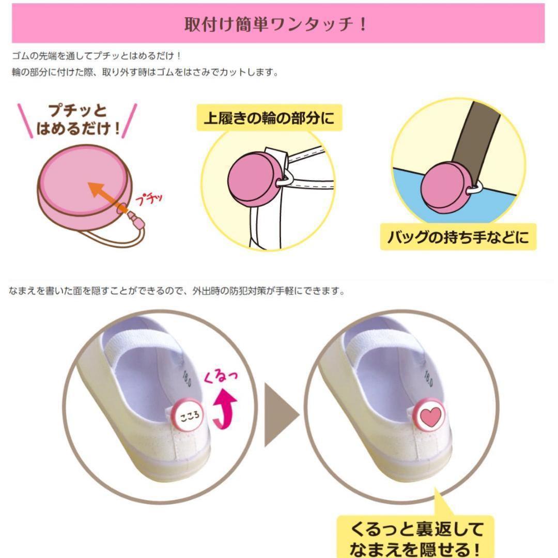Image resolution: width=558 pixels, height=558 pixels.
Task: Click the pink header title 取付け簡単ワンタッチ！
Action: (275, 24)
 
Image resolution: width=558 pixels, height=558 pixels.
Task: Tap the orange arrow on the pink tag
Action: (107, 197)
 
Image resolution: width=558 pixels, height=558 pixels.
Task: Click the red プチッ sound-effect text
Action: (149, 199)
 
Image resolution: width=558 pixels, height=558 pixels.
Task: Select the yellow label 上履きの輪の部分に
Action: (269, 118)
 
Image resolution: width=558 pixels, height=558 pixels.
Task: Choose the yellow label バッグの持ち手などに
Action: (458, 237)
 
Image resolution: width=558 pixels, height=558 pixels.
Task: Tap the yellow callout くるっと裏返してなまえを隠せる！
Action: (415, 536)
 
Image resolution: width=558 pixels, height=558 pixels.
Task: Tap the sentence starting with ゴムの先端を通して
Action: (97, 56)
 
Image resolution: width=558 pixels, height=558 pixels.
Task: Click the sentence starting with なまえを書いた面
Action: (177, 291)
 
